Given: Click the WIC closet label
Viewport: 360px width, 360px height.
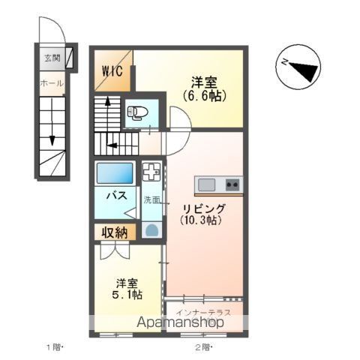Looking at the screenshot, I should pos(114,73).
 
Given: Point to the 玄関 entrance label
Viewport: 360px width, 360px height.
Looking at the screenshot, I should pos(51,58).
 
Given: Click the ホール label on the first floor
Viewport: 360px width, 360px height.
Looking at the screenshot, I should pos(50,83).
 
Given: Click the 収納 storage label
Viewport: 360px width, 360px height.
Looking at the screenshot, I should pos(115,233).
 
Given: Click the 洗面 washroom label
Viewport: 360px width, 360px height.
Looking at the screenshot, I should pos(152,199).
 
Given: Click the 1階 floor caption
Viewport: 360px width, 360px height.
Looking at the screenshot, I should pos(55,347).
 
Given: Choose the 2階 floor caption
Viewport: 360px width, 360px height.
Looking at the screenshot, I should pos(202,347).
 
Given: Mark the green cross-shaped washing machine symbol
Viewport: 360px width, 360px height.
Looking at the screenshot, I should pos(152,172).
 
